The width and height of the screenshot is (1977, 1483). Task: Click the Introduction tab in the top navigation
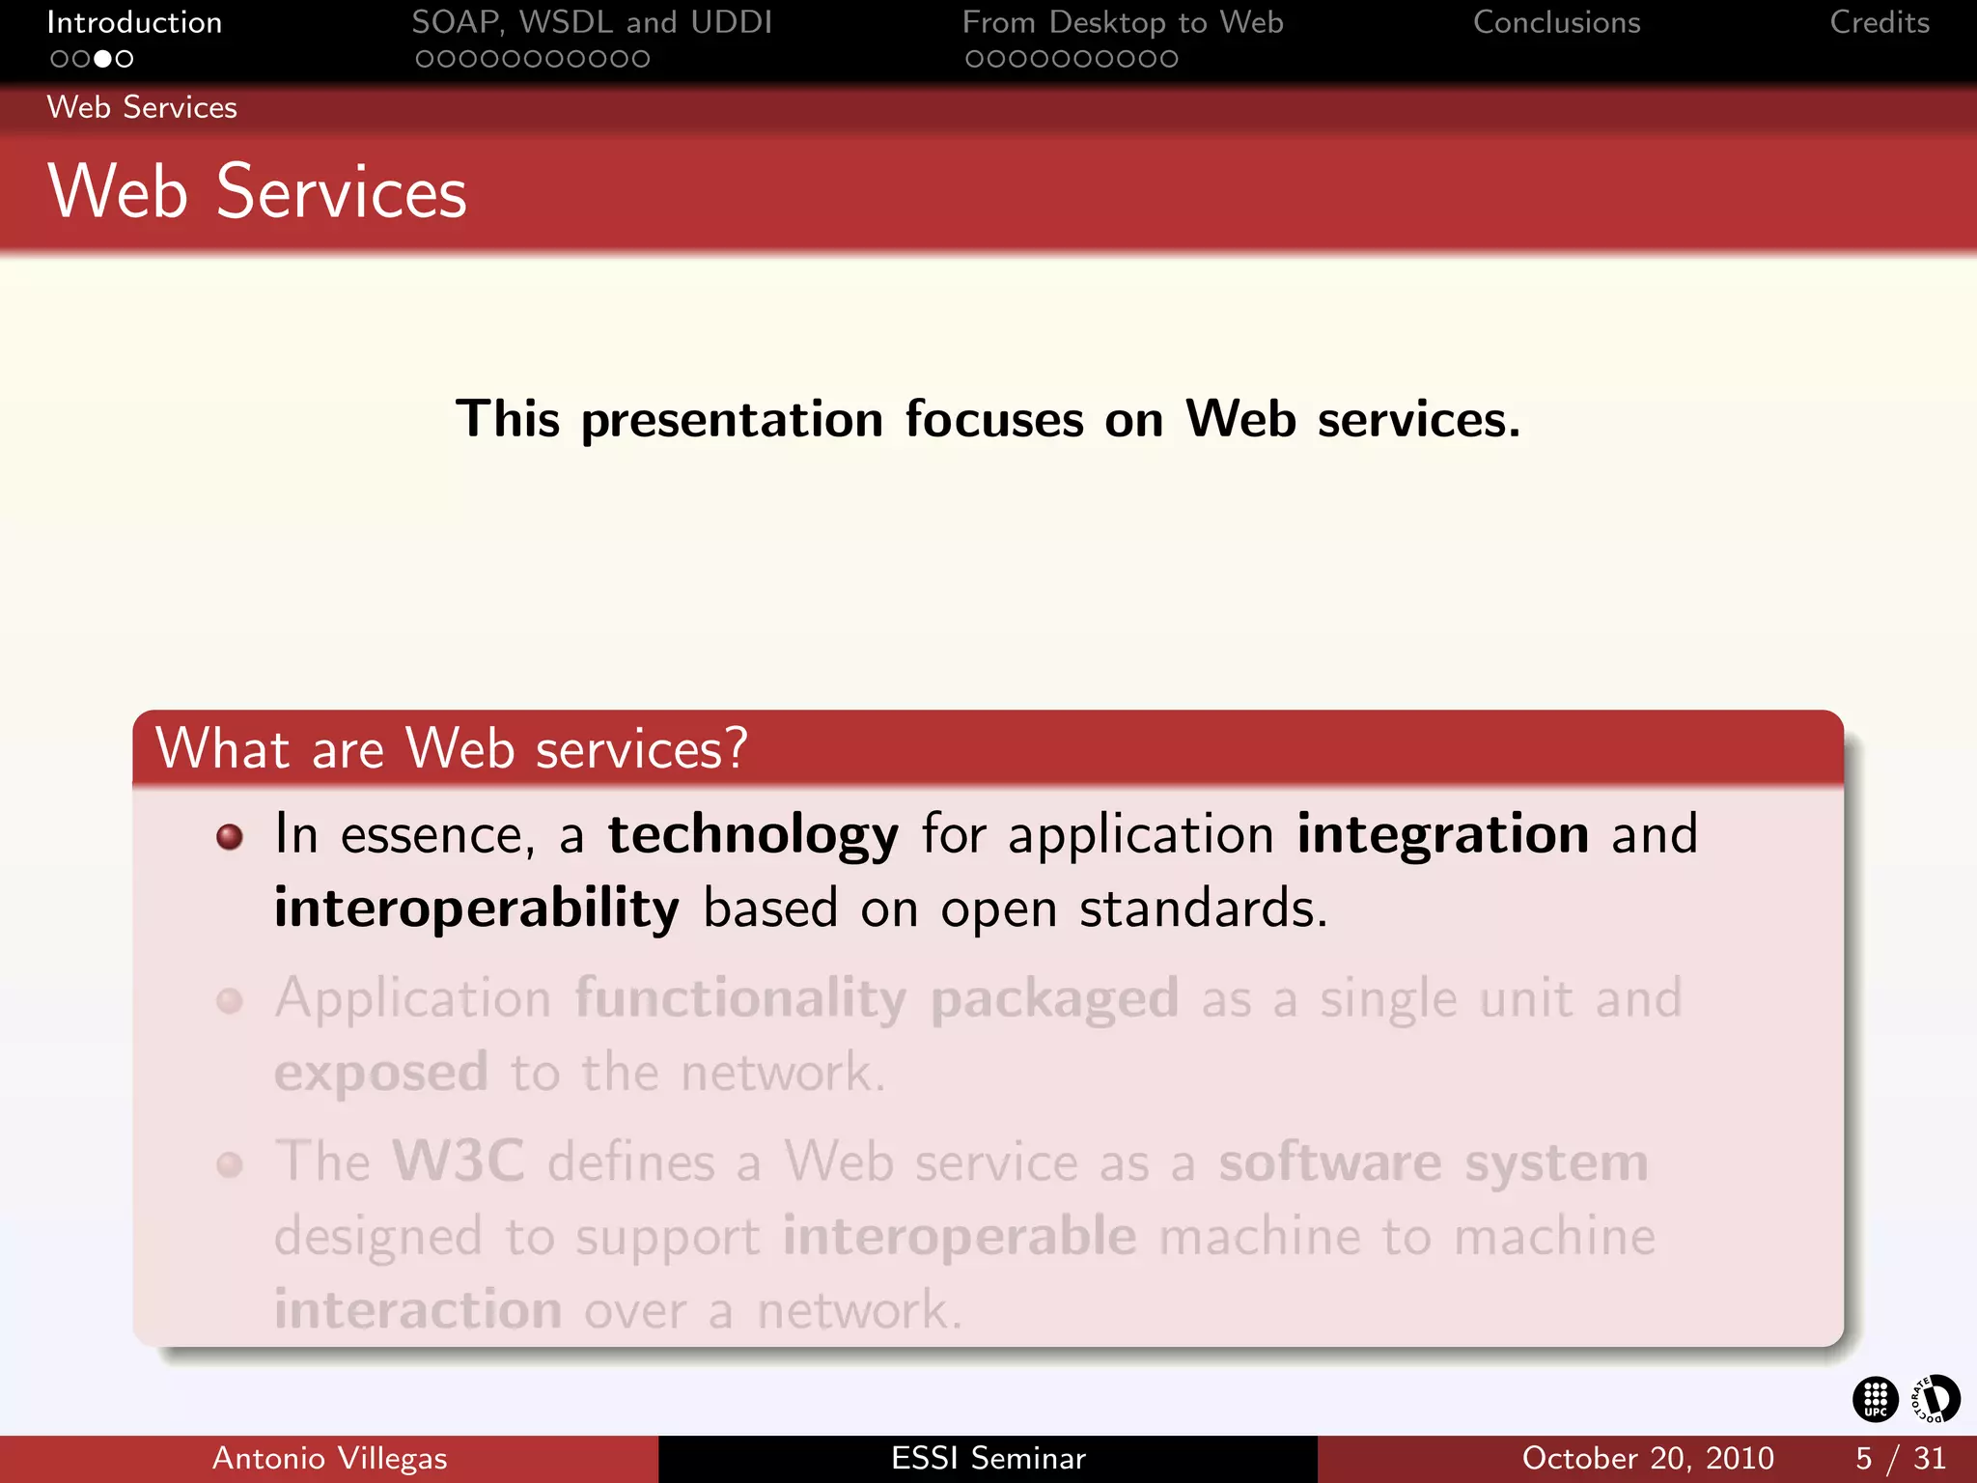(x=134, y=22)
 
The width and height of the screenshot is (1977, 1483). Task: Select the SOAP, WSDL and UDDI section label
(x=592, y=22)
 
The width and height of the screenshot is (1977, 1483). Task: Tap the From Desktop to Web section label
(x=1123, y=22)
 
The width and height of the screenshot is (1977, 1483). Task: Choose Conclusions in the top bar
(x=1556, y=22)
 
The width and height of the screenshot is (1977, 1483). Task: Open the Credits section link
(x=1879, y=22)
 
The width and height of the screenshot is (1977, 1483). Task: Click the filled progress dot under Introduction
(x=102, y=59)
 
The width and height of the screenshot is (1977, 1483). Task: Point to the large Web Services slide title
(x=257, y=191)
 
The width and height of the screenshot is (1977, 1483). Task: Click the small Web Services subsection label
(x=142, y=107)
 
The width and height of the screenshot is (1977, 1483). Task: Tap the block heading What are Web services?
(x=452, y=748)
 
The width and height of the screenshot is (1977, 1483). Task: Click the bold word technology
(x=753, y=834)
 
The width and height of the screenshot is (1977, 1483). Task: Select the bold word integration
(x=1442, y=834)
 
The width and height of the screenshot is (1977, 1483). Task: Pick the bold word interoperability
(x=477, y=909)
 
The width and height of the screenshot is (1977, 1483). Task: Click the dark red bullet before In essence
(x=230, y=836)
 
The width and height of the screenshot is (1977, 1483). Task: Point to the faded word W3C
(x=459, y=1161)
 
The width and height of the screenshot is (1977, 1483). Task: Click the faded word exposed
(x=381, y=1073)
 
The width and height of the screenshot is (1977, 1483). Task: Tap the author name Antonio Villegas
(x=329, y=1458)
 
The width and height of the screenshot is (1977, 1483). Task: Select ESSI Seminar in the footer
(x=988, y=1458)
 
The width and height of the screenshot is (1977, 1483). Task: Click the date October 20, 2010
(x=1648, y=1458)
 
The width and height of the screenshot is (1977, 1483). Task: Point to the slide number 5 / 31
(x=1900, y=1458)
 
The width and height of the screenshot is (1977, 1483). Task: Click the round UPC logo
(x=1875, y=1399)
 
